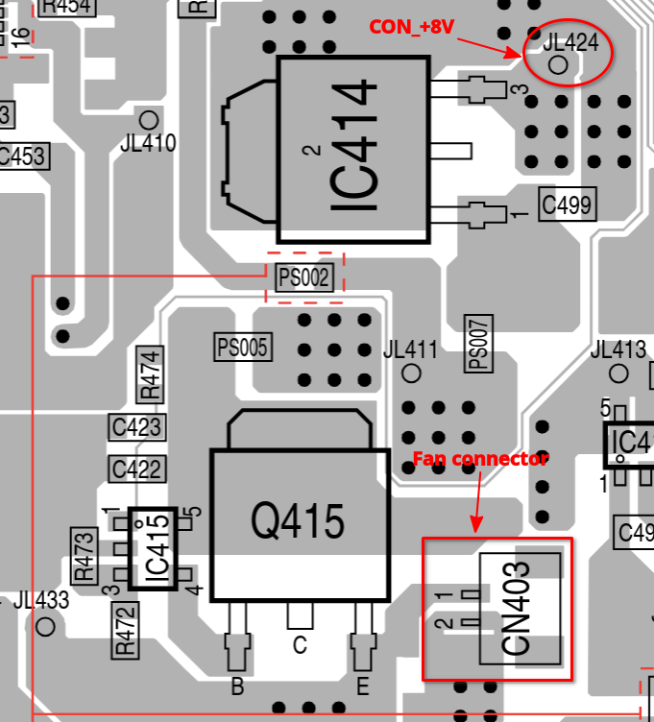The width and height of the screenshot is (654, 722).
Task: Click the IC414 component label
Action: (x=352, y=149)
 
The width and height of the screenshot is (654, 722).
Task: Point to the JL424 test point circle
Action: (x=559, y=64)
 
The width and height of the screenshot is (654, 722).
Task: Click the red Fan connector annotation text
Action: (x=480, y=459)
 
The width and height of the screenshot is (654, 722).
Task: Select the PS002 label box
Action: (x=304, y=278)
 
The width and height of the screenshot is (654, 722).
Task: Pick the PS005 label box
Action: (x=242, y=347)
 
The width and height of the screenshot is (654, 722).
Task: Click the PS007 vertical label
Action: (x=477, y=343)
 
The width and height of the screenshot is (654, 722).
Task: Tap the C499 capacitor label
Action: (x=567, y=205)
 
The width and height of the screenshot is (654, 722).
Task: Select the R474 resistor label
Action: (x=151, y=375)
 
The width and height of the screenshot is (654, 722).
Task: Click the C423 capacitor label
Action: (x=136, y=426)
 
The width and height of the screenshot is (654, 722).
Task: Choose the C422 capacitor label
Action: (x=136, y=469)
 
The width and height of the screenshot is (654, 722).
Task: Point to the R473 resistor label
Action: (x=85, y=556)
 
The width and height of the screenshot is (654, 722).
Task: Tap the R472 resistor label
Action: (x=124, y=631)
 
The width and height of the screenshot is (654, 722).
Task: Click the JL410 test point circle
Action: (x=149, y=120)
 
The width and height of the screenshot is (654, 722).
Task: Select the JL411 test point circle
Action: (x=412, y=372)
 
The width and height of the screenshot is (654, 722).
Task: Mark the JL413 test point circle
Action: (x=619, y=373)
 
